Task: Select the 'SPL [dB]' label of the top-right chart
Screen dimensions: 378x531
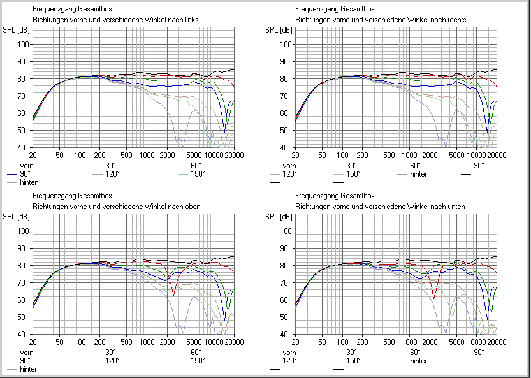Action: [x=279, y=30]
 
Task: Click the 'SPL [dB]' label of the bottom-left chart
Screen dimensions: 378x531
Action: [x=15, y=217]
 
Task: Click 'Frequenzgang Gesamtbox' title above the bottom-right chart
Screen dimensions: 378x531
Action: [x=335, y=196]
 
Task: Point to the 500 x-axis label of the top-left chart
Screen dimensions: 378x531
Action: [x=127, y=155]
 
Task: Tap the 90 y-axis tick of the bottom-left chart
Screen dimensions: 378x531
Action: [x=24, y=248]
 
